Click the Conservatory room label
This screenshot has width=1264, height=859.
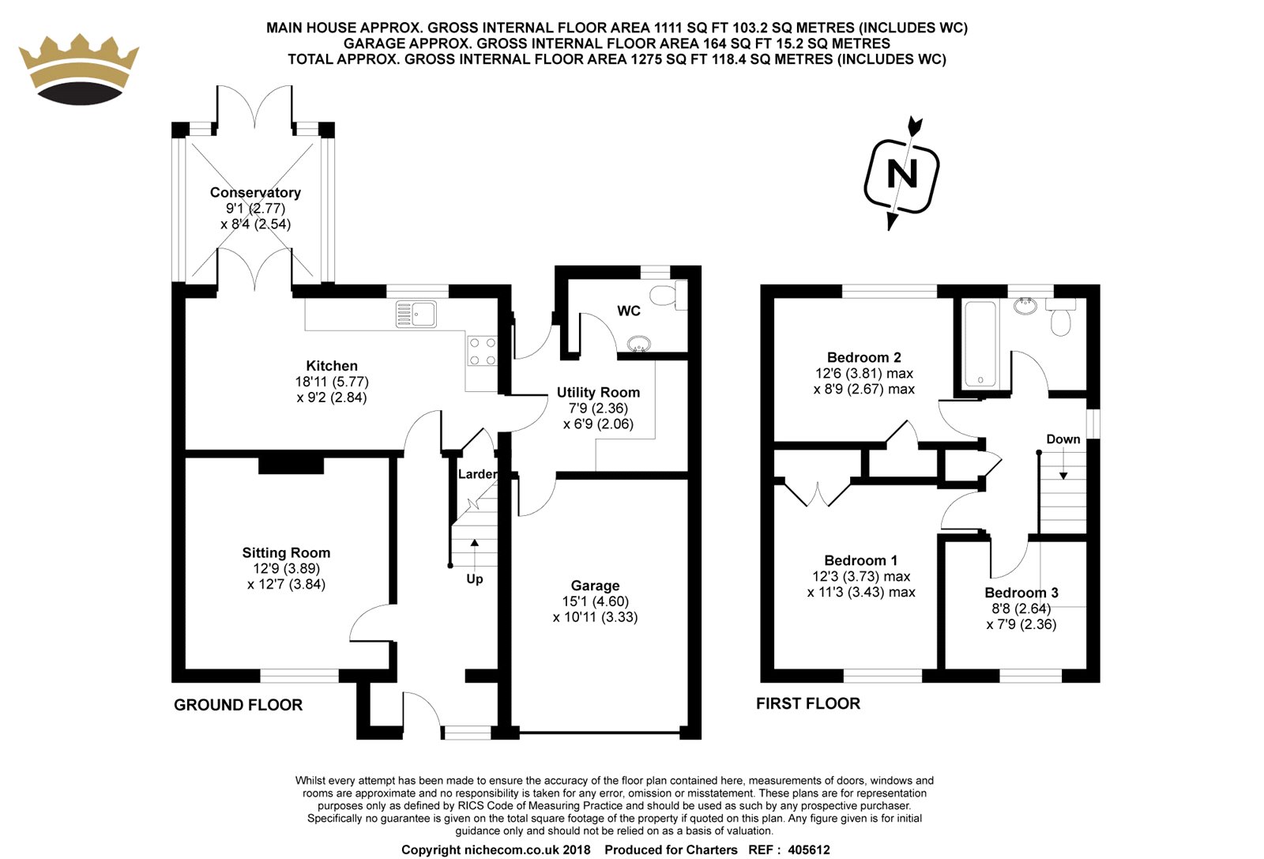pyautogui.click(x=255, y=193)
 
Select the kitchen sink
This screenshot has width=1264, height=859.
pyautogui.click(x=416, y=315)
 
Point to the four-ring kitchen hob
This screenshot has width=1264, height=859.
pyautogui.click(x=482, y=351)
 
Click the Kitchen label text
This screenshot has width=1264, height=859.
pyautogui.click(x=332, y=366)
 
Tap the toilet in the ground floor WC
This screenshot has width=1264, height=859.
pyautogui.click(x=667, y=296)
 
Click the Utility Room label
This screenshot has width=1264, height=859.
pyautogui.click(x=598, y=393)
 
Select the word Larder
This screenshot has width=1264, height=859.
pyautogui.click(x=477, y=474)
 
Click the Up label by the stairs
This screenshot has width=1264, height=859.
pyautogui.click(x=474, y=579)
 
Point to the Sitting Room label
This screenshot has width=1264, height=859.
pyautogui.click(x=286, y=553)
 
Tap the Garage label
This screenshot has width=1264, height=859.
pyautogui.click(x=595, y=586)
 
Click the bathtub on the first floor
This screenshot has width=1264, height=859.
pyautogui.click(x=980, y=344)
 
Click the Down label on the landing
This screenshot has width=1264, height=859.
pyautogui.click(x=1063, y=439)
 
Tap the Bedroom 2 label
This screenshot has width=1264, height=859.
pyautogui.click(x=863, y=357)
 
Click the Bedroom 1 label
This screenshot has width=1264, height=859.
pyautogui.click(x=860, y=560)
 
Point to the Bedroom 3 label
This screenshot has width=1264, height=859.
pyautogui.click(x=1021, y=593)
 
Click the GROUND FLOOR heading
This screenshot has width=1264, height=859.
pyautogui.click(x=238, y=705)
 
